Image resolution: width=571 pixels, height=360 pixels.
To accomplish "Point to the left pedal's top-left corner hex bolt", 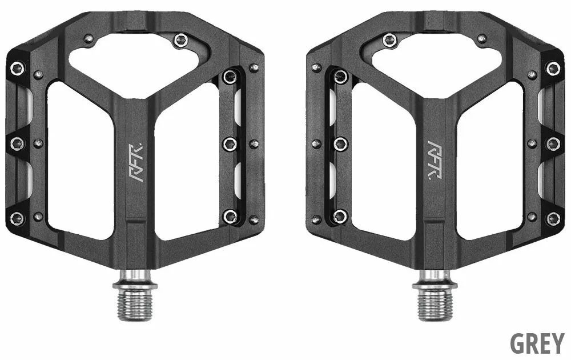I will coord(18,69).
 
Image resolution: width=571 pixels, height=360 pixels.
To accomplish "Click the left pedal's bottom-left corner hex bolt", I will coord(18,218).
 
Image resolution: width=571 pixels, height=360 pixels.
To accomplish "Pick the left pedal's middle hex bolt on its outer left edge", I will coord(18,143).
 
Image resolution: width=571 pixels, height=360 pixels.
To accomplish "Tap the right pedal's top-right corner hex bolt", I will coord(553,69).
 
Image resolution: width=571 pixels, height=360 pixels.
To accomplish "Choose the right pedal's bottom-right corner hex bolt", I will coord(553,218).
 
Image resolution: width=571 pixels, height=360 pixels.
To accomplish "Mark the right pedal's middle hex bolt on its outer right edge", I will coord(553,143).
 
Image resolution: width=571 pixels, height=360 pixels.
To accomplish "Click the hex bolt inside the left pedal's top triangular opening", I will coord(181,40).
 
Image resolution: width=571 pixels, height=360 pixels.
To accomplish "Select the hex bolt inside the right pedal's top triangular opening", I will coord(390,40).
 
